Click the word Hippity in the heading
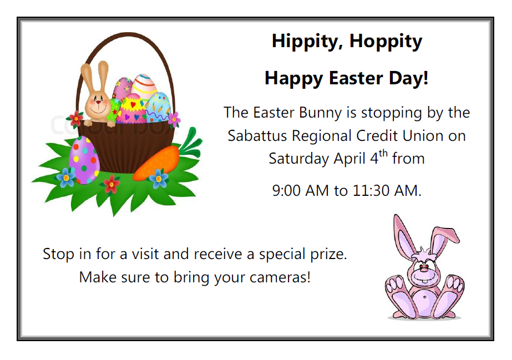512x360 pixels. click(307, 42)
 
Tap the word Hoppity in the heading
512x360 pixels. click(386, 42)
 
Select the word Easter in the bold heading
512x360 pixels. click(356, 78)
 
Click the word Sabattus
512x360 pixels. click(257, 136)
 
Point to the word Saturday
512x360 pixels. click(299, 159)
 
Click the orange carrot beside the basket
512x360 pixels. click(158, 162)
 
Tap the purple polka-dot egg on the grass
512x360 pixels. click(84, 160)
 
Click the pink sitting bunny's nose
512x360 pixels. click(423, 267)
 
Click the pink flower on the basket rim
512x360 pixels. click(174, 119)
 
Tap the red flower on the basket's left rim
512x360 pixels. click(76, 119)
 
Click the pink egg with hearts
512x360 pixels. click(132, 109)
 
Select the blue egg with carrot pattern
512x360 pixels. click(158, 107)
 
